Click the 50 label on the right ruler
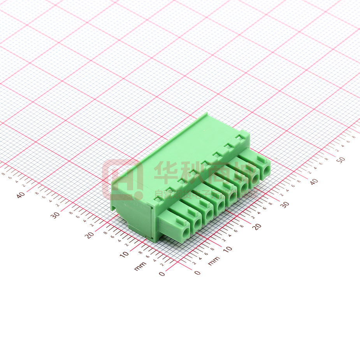pyautogui.click(x=341, y=160)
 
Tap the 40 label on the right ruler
pyautogui.click(x=314, y=181)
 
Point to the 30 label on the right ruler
pyautogui.click(x=285, y=204)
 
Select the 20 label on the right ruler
pyautogui.click(x=256, y=227)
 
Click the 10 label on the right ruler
pyautogui.click(x=228, y=249)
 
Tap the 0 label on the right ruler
pyautogui.click(x=198, y=273)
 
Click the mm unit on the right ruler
pyautogui.click(x=214, y=261)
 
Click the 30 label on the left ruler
pyautogui.click(x=56, y=214)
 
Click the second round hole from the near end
pyautogui.click(x=197, y=223)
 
